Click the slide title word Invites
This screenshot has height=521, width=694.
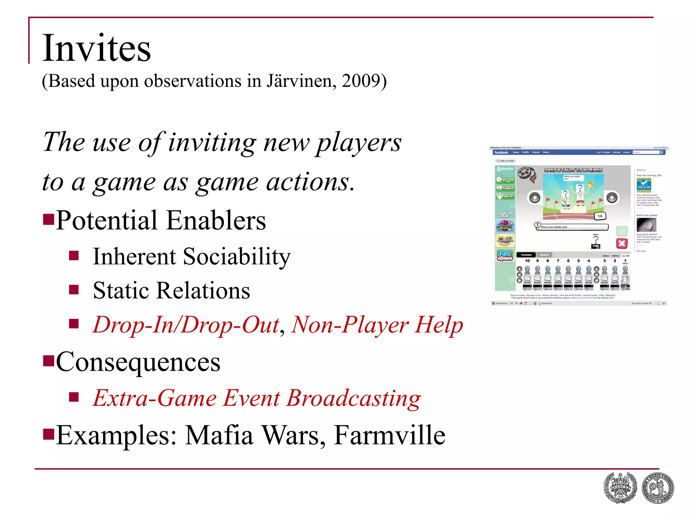(x=97, y=48)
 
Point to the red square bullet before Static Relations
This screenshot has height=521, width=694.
(x=74, y=290)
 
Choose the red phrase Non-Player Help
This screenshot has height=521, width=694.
(x=377, y=325)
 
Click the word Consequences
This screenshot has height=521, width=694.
(x=138, y=362)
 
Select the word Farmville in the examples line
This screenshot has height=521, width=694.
(x=390, y=435)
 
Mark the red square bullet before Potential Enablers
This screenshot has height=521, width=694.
(x=49, y=219)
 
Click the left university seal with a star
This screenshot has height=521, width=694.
(x=620, y=488)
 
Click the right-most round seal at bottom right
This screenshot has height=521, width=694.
(x=658, y=488)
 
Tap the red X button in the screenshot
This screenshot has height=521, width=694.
(x=622, y=243)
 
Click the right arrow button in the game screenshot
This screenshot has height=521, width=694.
(x=612, y=197)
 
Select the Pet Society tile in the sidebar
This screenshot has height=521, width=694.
(x=505, y=255)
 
